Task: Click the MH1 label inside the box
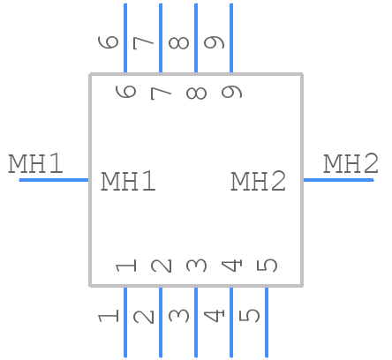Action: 129,182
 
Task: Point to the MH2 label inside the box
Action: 259,182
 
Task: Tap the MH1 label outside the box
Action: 36,163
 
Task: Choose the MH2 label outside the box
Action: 351,163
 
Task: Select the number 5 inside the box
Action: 268,265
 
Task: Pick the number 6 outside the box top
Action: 109,41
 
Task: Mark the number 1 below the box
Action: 109,314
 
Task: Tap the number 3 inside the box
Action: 197,265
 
